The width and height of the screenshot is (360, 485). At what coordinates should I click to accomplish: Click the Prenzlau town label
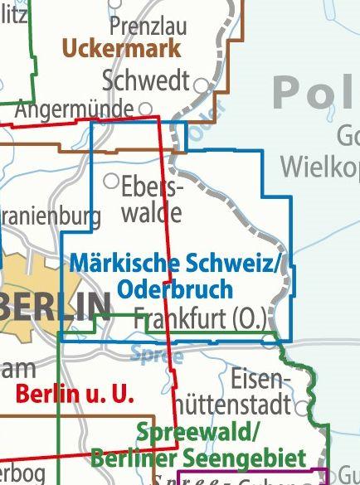(x=148, y=26)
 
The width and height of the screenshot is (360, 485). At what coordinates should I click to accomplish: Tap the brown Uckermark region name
(x=121, y=48)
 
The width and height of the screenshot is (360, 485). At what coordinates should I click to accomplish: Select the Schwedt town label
(x=146, y=81)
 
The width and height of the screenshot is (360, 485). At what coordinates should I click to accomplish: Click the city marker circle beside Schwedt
(x=200, y=84)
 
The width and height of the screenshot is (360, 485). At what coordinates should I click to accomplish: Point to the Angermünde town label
(x=75, y=109)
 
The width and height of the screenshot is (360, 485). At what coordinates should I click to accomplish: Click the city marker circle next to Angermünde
(x=145, y=108)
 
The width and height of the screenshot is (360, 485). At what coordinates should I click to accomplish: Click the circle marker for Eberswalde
(x=110, y=180)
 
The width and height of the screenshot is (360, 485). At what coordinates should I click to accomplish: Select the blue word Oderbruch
(x=175, y=289)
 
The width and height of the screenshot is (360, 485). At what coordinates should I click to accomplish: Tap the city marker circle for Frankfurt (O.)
(x=267, y=340)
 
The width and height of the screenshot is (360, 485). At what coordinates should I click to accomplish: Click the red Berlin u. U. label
(x=75, y=394)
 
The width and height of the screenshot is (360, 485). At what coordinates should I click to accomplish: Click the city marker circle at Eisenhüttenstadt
(x=300, y=407)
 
